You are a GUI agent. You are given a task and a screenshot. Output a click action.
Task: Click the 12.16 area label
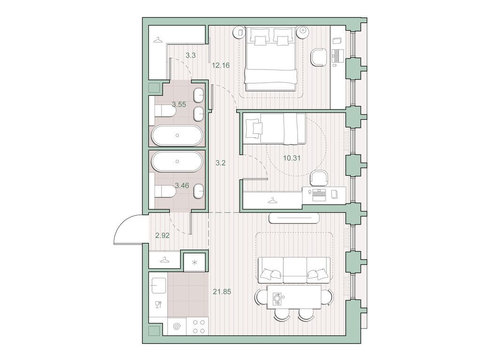[x=220, y=65]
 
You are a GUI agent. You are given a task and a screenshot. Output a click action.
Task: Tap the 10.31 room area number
[x=292, y=158]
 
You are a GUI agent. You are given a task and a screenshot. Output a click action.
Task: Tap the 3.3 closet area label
[x=190, y=55]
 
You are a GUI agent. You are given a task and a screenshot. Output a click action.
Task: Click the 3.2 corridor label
[x=220, y=164]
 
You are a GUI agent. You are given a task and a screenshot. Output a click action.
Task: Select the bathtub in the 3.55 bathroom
[x=177, y=135]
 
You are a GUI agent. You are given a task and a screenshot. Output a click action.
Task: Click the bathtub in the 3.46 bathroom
[x=177, y=161]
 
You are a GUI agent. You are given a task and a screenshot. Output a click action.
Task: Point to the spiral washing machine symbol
[x=177, y=326]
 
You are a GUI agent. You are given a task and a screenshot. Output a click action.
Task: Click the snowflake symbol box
[x=194, y=261]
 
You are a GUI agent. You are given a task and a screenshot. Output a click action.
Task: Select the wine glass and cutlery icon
[x=158, y=304]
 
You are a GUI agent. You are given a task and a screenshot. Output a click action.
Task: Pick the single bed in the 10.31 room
[x=274, y=128]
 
